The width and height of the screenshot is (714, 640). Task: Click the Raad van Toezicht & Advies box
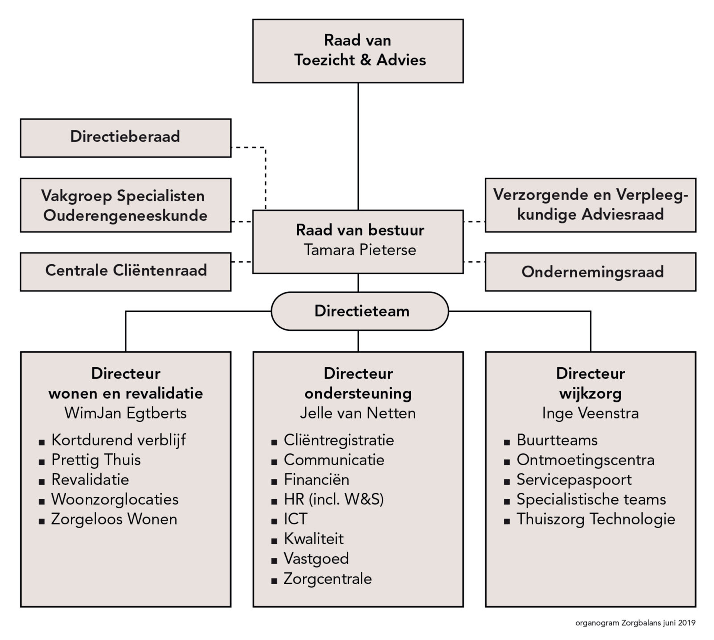[x=358, y=51]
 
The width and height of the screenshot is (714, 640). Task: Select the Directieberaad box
[x=125, y=137]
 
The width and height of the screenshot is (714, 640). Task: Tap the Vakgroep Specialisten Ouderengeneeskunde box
[x=125, y=205]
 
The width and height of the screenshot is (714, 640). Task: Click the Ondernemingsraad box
[x=590, y=272]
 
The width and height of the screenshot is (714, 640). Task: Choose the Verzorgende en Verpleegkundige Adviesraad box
[x=590, y=205]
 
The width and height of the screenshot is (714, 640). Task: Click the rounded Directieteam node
[x=360, y=311]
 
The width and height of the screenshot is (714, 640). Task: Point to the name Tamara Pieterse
[x=360, y=250]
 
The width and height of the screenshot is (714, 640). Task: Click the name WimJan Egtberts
[x=125, y=413]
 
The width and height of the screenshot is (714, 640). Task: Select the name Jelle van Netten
[x=358, y=413]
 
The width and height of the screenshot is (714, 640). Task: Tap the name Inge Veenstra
[x=590, y=413]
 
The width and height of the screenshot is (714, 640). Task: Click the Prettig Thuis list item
[x=96, y=460]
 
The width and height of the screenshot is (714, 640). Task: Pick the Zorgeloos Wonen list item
[x=114, y=519]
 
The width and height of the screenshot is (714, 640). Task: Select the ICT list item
[x=295, y=519]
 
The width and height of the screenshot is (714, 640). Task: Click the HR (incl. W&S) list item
[x=334, y=499]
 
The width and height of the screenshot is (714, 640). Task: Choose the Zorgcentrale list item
[x=328, y=579]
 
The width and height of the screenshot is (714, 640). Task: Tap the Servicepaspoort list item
[x=574, y=480]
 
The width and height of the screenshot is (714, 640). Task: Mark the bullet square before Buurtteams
[x=506, y=442]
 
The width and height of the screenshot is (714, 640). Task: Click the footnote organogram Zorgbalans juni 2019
[x=635, y=623]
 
